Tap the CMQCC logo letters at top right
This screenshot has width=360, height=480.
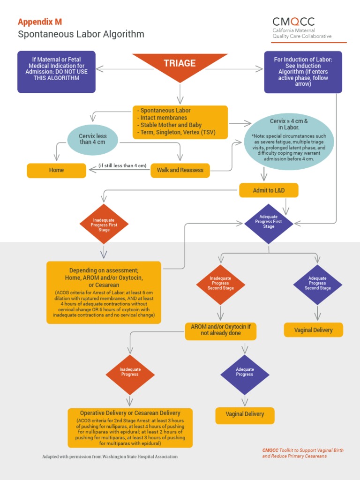tap(293, 22)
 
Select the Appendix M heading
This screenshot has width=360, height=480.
tap(40, 22)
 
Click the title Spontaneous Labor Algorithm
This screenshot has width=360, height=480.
tap(81, 34)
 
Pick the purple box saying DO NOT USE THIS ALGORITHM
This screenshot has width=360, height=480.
tap(56, 71)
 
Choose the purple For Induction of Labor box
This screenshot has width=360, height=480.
tap(303, 71)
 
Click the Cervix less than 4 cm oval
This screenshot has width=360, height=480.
tap(93, 139)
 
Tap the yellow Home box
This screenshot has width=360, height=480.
tap(56, 170)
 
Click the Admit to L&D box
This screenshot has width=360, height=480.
tap(269, 190)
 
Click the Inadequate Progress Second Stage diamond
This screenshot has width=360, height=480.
tap(220, 284)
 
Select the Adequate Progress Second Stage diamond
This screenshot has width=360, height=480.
tap(317, 284)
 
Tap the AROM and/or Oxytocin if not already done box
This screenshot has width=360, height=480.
tap(221, 330)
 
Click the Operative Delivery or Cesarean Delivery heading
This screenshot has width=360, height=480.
tap(130, 413)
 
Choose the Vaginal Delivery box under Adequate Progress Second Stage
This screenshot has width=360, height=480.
tap(313, 330)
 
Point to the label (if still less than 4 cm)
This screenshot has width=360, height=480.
tap(122, 165)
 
